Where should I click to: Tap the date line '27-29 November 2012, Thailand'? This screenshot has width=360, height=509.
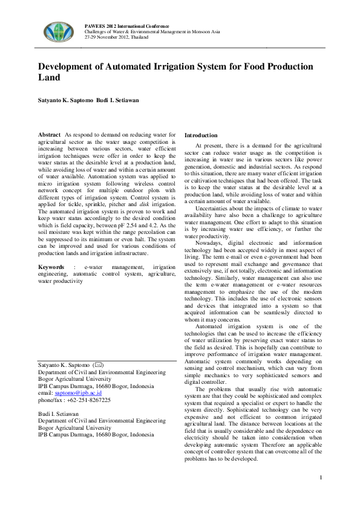tap(116, 37)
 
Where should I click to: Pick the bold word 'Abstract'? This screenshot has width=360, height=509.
tap(49, 135)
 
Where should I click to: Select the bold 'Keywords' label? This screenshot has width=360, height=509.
tap(51, 267)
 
